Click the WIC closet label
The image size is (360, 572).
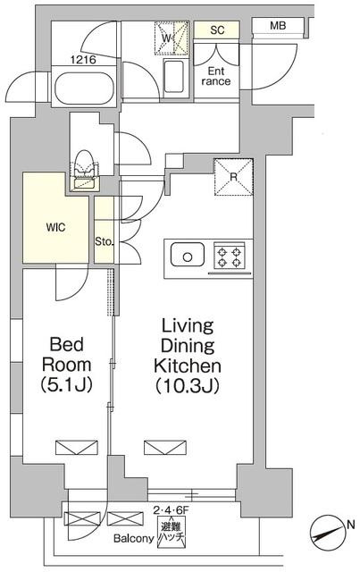pyautogui.click(x=55, y=228)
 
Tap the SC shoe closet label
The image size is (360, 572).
pyautogui.click(x=217, y=29)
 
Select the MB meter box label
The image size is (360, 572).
pyautogui.click(x=278, y=26)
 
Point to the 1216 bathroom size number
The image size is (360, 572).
pyautogui.click(x=83, y=60)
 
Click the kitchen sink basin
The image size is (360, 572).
pyautogui.click(x=188, y=254)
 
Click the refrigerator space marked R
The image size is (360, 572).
pyautogui.click(x=233, y=177)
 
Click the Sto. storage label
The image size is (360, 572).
pyautogui.click(x=105, y=241)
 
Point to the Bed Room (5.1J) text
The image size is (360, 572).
pyautogui.click(x=66, y=365)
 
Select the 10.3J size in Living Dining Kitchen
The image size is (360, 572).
pyautogui.click(x=188, y=386)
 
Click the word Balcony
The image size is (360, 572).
pyautogui.click(x=133, y=538)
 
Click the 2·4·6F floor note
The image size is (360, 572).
pyautogui.click(x=171, y=510)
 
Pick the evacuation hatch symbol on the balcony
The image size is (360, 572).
pyautogui.click(x=171, y=531)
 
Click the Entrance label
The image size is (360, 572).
pyautogui.click(x=216, y=76)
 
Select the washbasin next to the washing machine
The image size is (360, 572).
pyautogui.click(x=173, y=77)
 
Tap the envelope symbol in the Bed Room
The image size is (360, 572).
pyautogui.click(x=77, y=448)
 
